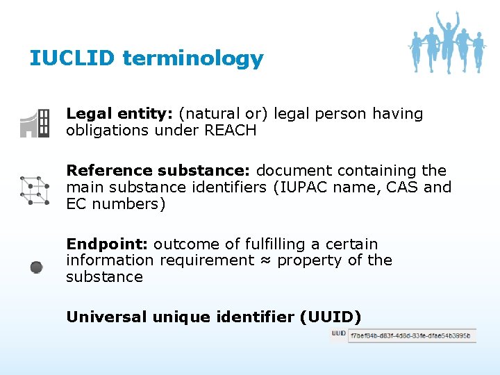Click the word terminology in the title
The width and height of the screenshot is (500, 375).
[193, 59]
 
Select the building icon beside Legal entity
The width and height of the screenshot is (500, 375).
[35, 123]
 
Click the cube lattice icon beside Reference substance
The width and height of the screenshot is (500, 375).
[35, 190]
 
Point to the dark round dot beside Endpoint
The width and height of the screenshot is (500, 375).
[37, 267]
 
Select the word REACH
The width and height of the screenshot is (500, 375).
[230, 131]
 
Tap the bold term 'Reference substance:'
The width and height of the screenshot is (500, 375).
[159, 171]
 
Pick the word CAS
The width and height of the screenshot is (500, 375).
[405, 187]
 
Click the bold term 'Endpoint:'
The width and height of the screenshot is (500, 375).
[107, 244]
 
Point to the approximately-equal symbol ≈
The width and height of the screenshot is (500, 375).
[265, 260]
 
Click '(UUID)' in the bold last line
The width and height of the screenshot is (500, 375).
[330, 317]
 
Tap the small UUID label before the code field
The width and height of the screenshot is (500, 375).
[338, 334]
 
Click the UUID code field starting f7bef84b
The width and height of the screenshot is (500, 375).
[411, 336]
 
